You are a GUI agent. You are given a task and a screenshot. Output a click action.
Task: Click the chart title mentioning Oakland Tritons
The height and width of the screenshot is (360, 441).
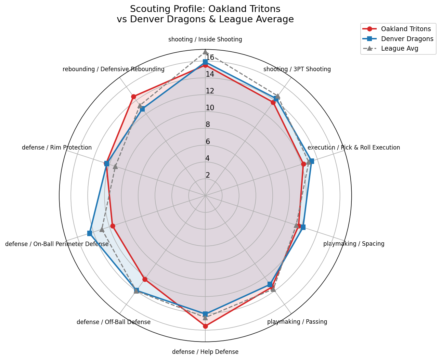click(205, 14)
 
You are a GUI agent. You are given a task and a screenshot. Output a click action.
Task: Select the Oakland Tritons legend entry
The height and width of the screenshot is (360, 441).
click(406, 29)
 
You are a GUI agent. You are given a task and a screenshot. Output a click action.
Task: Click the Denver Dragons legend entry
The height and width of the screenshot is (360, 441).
click(407, 39)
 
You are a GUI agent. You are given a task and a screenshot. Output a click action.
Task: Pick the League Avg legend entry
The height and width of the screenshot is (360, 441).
click(400, 49)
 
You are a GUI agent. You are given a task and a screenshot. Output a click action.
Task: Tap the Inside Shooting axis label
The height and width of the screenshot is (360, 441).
click(205, 39)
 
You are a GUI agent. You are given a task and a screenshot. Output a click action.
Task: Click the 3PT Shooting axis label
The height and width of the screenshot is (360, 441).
click(297, 69)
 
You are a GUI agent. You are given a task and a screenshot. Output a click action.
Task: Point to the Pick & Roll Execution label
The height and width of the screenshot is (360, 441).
click(353, 147)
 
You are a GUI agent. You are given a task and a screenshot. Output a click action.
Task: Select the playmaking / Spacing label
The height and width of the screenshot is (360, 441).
click(354, 244)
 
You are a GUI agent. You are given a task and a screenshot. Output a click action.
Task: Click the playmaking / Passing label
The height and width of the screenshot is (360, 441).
click(297, 322)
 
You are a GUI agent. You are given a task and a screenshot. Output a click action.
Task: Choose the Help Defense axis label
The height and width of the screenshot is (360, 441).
click(205, 351)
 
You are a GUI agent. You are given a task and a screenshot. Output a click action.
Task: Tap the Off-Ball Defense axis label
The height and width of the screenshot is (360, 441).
click(113, 322)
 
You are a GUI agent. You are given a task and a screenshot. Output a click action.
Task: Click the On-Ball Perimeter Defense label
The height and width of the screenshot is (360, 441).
click(57, 244)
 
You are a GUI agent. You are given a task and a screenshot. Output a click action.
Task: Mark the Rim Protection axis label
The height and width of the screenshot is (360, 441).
click(57, 147)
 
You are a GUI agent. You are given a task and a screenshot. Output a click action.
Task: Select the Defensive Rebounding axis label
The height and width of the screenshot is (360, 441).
click(113, 69)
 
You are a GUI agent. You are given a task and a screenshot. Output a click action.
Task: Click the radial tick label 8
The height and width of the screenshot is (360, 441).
click(208, 125)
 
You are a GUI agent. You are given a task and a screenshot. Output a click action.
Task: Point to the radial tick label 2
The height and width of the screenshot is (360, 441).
click(208, 175)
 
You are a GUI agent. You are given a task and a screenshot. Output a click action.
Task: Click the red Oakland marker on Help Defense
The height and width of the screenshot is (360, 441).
click(205, 326)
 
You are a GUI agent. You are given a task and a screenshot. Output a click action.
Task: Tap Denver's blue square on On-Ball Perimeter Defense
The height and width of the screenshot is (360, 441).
click(90, 233)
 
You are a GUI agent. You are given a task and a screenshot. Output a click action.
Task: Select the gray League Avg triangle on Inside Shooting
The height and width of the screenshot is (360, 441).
click(205, 52)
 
